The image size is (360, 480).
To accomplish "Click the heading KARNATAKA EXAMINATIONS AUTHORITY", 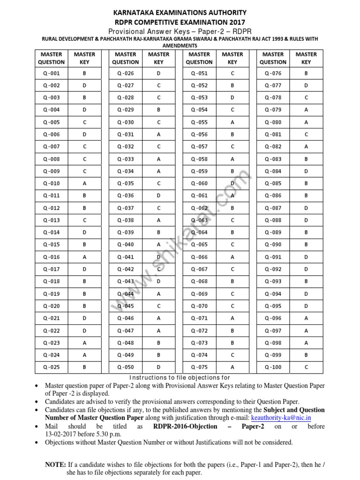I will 180,12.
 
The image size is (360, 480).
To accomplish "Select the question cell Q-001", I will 52,73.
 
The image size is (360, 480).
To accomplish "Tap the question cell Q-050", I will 125,367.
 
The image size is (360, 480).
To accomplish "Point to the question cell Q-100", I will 273,367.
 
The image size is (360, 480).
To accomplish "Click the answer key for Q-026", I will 158,73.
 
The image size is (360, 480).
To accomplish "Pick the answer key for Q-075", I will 232,367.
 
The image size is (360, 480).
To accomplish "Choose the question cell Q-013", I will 52,220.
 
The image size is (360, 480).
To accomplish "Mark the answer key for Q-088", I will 306,220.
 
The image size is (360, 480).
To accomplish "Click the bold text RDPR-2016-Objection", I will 185,426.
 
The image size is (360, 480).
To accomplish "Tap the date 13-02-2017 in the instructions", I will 64,434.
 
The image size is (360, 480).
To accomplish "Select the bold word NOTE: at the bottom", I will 55,465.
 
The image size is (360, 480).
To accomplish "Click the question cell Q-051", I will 199,73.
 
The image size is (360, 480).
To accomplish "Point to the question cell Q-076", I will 273,73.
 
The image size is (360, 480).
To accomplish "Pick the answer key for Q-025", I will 84,367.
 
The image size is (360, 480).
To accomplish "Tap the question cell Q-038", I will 125,220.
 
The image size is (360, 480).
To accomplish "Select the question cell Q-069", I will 199,294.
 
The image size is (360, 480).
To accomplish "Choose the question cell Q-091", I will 273,257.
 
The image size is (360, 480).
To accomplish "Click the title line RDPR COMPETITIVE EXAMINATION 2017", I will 180,22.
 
